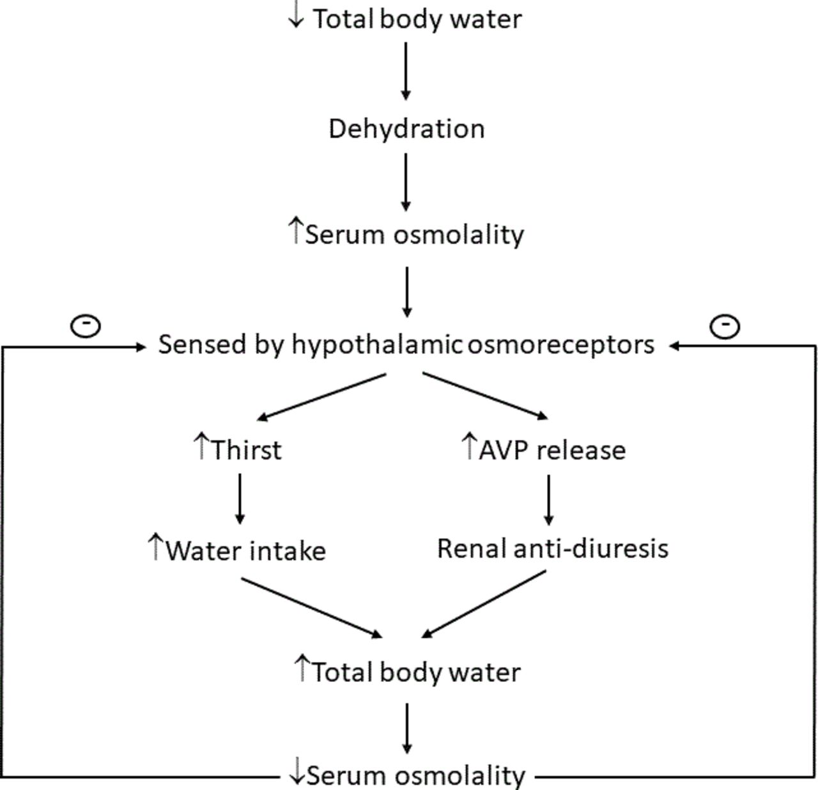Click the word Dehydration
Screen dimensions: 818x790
point(406,128)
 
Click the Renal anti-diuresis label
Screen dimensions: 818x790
point(553,548)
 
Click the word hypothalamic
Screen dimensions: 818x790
point(377,345)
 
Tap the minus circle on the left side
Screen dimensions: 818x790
point(86,326)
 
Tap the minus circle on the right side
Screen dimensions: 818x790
point(725,327)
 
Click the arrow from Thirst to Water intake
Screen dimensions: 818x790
point(240,499)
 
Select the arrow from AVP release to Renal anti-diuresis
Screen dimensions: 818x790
point(548,500)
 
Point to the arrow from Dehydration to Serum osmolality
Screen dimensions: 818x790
point(406,182)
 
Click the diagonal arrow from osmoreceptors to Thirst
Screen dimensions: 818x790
point(321,397)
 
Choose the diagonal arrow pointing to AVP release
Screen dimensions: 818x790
point(486,396)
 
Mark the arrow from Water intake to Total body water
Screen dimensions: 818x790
point(311,608)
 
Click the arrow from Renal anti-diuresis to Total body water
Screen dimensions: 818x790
point(483,605)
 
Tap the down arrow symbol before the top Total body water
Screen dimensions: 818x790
point(297,15)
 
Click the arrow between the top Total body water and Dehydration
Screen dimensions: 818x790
point(406,72)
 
